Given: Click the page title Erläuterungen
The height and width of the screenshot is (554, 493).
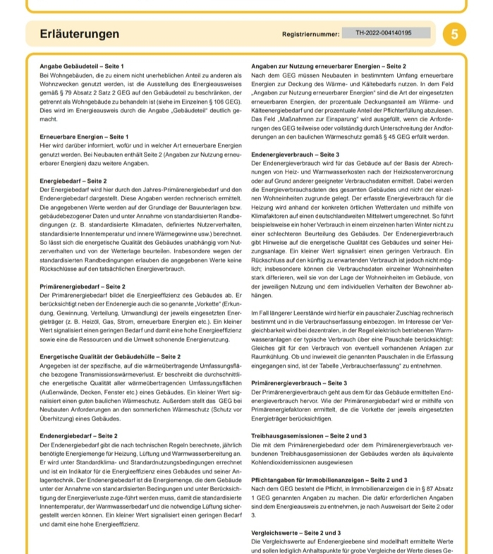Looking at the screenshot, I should (x=80, y=34).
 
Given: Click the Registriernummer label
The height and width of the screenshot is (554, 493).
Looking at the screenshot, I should (x=310, y=34).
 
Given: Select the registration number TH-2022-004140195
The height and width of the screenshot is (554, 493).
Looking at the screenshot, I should (x=383, y=32).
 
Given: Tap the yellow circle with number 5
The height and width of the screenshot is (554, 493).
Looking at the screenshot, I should (x=454, y=34).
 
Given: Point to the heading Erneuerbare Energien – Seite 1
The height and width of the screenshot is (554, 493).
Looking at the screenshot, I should (x=85, y=136).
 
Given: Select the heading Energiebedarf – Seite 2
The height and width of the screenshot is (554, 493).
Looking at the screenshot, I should (x=73, y=182).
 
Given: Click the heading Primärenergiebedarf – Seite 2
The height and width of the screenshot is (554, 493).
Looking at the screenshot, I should (x=83, y=286).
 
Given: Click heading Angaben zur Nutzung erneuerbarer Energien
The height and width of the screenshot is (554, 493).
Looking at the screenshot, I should (x=329, y=66).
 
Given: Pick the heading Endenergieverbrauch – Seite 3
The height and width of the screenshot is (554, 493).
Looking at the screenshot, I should (x=295, y=154).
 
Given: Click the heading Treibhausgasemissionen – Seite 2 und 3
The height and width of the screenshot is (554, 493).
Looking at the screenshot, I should (x=309, y=436).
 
